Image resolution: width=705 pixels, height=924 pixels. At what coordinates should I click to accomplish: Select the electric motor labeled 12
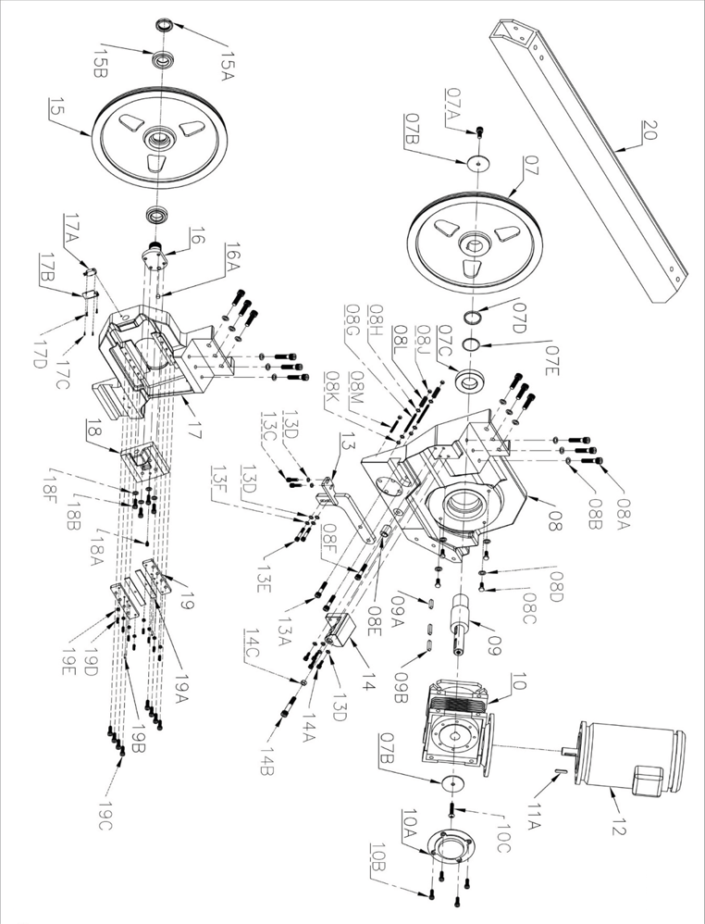point(629,759)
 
